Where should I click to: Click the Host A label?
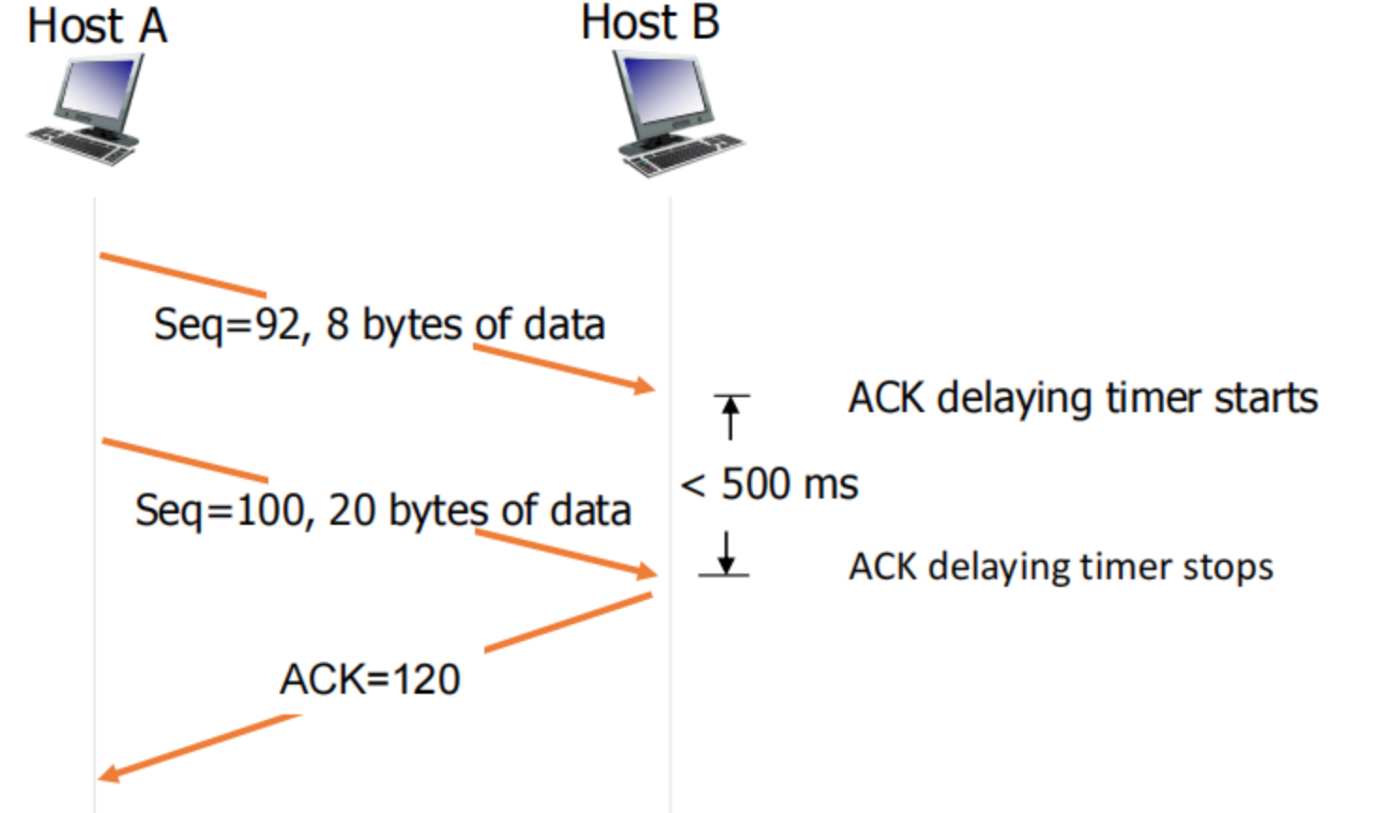coord(97,25)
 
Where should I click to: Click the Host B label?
coord(650,23)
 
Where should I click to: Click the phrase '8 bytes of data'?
coord(466,325)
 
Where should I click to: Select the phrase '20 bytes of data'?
coord(480,511)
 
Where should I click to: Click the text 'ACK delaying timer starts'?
coord(1083,398)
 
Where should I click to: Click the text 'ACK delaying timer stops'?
coord(1061,567)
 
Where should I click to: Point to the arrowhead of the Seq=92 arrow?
coord(646,386)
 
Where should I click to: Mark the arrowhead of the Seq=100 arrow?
coord(647,571)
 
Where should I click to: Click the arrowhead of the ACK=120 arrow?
coord(108,774)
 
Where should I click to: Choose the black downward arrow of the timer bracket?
coord(726,554)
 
